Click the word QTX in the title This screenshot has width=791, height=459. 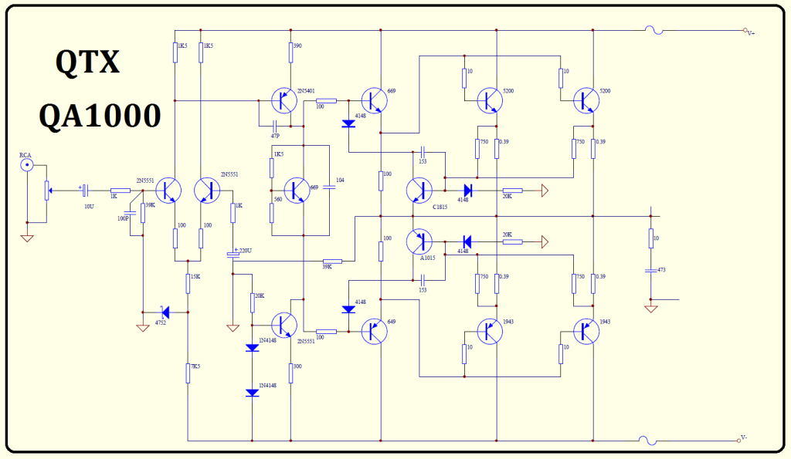click(87, 62)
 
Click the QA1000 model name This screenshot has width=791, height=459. click(100, 116)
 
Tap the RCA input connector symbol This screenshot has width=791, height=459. click(27, 164)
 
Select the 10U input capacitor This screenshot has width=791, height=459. click(86, 190)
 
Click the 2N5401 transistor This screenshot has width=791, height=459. click(284, 100)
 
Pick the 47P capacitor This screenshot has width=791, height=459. click(275, 125)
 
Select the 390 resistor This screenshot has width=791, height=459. click(290, 52)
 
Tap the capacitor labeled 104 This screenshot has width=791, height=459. click(328, 189)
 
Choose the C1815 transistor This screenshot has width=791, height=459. click(419, 190)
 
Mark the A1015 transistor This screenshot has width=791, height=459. click(419, 241)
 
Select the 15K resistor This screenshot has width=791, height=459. click(188, 283)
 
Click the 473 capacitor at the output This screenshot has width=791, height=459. click(650, 270)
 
